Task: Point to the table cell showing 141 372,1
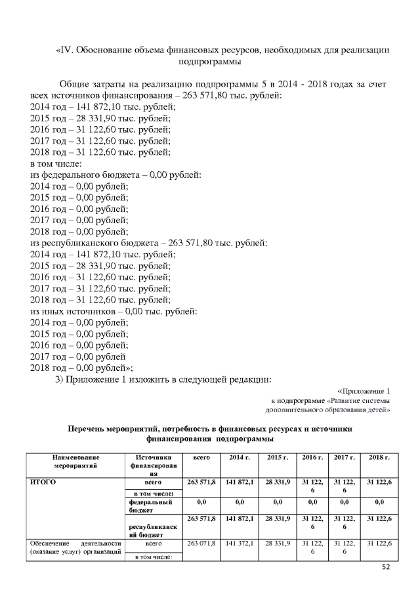click(240, 544)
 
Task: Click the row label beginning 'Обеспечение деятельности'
click(73, 549)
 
